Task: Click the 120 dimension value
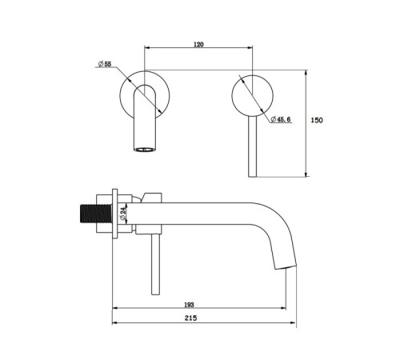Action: coord(198,44)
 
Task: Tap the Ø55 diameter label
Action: coord(105,64)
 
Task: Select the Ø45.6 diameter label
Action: coord(281,119)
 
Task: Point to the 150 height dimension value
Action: coord(317,120)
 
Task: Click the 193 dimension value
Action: coord(189,304)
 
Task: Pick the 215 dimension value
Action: coord(190,318)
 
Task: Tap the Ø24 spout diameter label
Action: coord(122,214)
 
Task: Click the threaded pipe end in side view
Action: coord(96,214)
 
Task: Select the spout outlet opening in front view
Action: coord(144,150)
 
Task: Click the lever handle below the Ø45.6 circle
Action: coord(252,146)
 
